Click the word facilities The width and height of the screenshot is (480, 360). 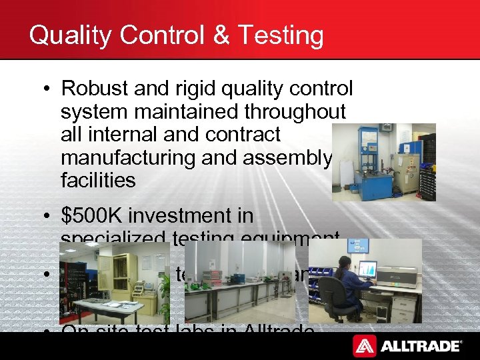97,180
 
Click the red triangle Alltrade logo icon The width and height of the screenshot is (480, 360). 364,346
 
